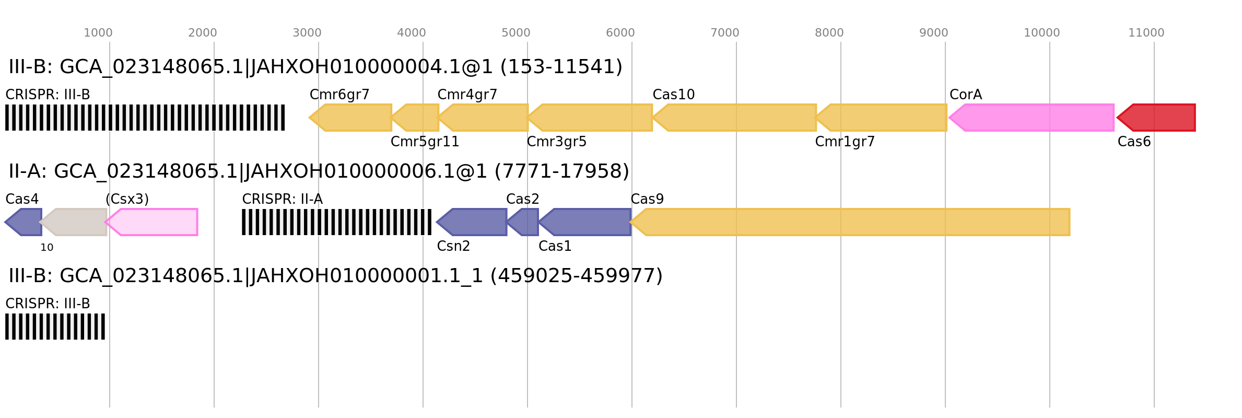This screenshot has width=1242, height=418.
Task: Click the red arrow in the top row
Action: click(x=1157, y=118)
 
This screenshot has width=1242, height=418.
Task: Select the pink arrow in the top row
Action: click(x=1032, y=118)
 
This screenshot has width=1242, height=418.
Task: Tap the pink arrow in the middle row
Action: click(x=153, y=222)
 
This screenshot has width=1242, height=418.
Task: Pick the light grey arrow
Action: click(x=75, y=222)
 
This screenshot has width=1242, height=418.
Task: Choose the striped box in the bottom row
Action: click(x=55, y=327)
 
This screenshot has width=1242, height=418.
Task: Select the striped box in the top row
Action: click(x=145, y=118)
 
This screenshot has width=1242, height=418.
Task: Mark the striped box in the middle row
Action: click(x=336, y=222)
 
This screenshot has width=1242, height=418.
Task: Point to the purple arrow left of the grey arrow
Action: click(x=24, y=222)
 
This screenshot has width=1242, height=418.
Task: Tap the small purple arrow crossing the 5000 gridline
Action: click(x=524, y=222)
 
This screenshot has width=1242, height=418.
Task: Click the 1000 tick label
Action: click(x=98, y=33)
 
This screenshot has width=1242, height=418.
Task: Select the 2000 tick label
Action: click(x=202, y=33)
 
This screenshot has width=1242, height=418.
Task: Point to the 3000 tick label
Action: click(x=307, y=33)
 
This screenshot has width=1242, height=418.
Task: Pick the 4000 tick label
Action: click(x=411, y=33)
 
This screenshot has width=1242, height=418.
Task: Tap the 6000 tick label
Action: click(x=620, y=33)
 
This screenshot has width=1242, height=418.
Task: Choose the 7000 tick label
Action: click(x=724, y=33)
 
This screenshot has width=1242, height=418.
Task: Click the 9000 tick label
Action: click(x=933, y=33)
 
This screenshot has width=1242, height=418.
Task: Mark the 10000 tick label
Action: click(x=1041, y=33)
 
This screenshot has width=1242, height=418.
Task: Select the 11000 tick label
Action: click(x=1146, y=33)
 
